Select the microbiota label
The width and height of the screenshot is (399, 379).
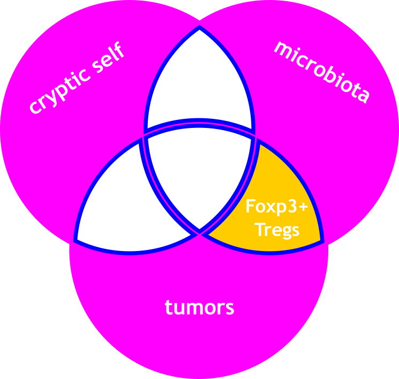(322, 70)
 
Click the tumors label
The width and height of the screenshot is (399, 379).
(199, 307)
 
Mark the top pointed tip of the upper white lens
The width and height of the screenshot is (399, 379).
(199, 27)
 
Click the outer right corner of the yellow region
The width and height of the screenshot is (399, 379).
(322, 241)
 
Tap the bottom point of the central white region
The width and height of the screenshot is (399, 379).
(199, 232)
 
